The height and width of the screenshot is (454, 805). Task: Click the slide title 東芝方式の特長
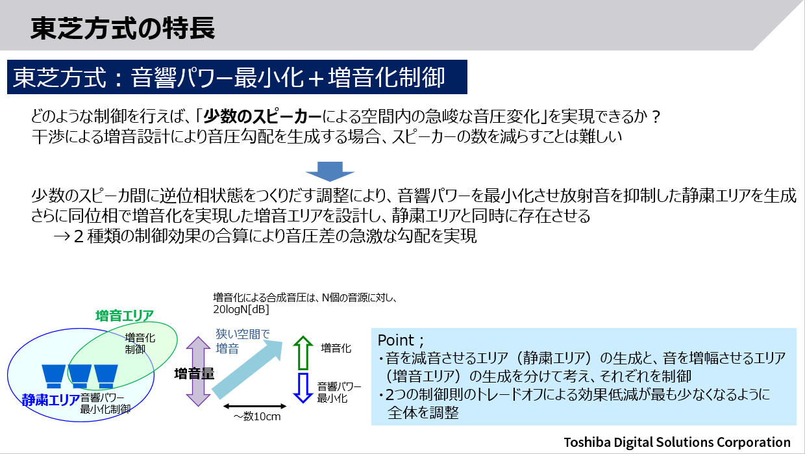[123, 28]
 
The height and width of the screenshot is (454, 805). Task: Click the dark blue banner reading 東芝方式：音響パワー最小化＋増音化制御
[237, 77]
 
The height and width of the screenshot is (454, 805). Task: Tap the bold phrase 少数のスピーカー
[262, 116]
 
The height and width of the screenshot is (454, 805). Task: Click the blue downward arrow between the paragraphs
[330, 171]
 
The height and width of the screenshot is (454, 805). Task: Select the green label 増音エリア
[125, 316]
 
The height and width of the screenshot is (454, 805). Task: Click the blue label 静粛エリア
[51, 399]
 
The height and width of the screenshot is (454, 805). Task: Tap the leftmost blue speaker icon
[53, 376]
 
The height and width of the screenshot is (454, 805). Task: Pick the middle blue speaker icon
[79, 376]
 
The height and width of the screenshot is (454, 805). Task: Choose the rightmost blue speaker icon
[106, 376]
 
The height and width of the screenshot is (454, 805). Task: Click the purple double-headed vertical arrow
[198, 372]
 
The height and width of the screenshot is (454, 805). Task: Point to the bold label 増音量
[194, 374]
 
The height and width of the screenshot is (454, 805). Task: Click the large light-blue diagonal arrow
[248, 369]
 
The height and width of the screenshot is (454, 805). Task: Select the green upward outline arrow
[303, 353]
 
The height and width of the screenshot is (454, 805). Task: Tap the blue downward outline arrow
[303, 388]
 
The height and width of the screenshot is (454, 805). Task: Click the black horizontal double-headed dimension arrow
[254, 407]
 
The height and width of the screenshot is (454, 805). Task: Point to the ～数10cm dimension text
[257, 416]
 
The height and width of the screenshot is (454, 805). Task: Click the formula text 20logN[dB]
[241, 310]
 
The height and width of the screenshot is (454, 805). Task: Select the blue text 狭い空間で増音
[243, 341]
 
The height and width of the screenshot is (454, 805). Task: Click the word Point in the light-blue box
[395, 340]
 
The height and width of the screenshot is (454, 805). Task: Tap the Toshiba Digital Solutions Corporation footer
[677, 442]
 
